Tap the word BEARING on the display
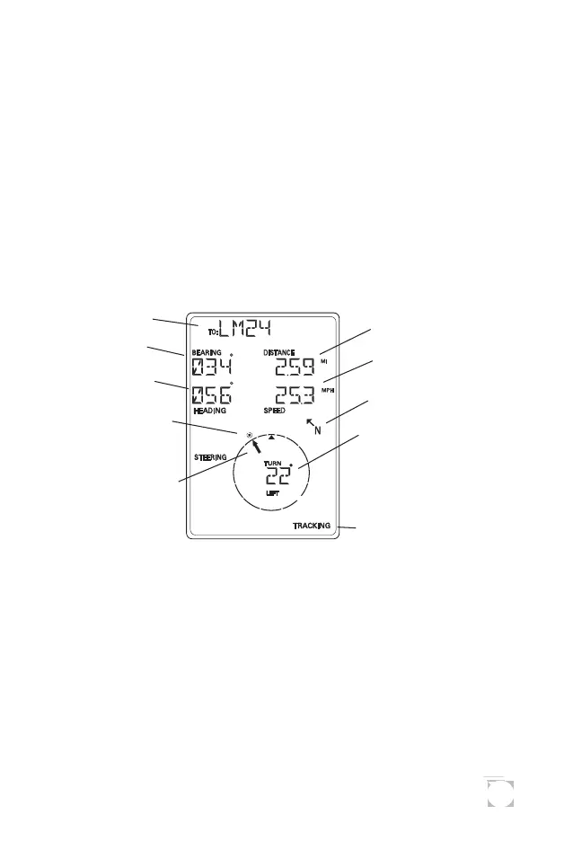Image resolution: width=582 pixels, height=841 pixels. tap(207, 353)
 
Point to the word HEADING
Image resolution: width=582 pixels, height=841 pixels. tap(211, 411)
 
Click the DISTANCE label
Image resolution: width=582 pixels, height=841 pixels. tap(279, 353)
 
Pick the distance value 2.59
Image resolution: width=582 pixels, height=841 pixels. tap(295, 367)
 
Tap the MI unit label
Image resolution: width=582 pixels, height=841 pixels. tap(324, 361)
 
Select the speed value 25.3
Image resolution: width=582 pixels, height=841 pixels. tap(295, 394)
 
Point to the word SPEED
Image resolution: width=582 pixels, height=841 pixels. tap(275, 411)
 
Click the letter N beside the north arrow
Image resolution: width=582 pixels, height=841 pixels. tap(318, 431)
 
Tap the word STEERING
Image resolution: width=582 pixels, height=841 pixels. tap(210, 457)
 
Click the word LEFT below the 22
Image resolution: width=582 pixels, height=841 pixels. tap(272, 494)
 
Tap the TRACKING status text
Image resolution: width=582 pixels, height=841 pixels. tap(312, 526)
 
